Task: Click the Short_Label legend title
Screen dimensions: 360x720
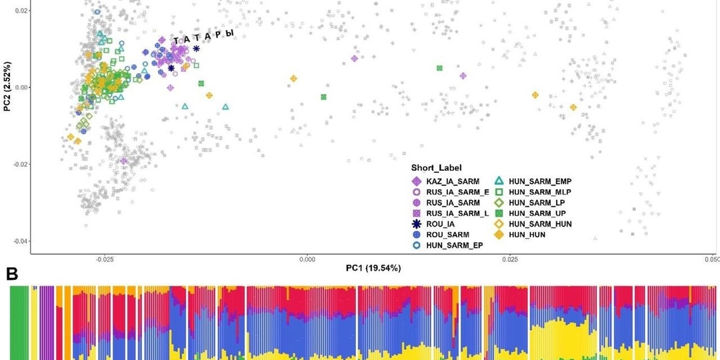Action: (x=437, y=167)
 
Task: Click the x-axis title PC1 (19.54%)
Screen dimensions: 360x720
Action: (x=373, y=268)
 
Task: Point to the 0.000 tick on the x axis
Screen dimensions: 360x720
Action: (x=307, y=258)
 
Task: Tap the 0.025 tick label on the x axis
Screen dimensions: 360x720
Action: (x=510, y=258)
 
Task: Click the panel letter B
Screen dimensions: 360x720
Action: (x=12, y=273)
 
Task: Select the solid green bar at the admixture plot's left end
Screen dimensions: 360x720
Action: (x=19, y=323)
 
